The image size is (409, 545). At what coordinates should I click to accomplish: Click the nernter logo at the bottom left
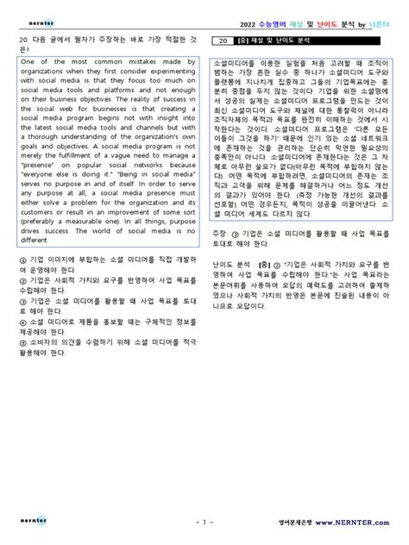coord(33,522)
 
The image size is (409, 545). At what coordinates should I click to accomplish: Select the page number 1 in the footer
coord(204,523)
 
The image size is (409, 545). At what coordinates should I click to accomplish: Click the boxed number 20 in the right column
coord(223,40)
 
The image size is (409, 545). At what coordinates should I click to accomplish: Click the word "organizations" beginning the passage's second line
coord(44,74)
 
